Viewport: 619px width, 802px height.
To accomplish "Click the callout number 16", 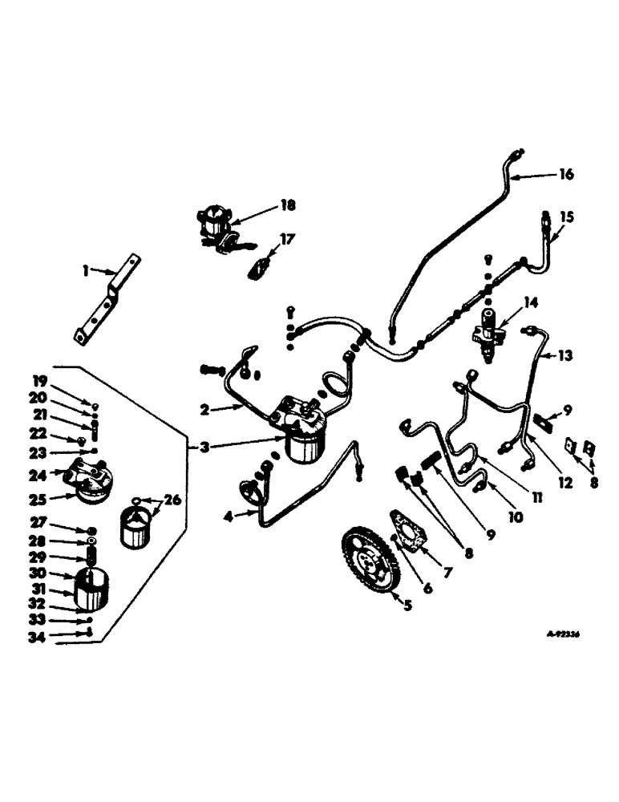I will (x=567, y=174).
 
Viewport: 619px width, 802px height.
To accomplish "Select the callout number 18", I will (x=287, y=206).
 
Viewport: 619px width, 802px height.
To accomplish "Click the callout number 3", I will (x=206, y=447).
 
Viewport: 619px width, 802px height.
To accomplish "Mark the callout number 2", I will (x=206, y=408).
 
